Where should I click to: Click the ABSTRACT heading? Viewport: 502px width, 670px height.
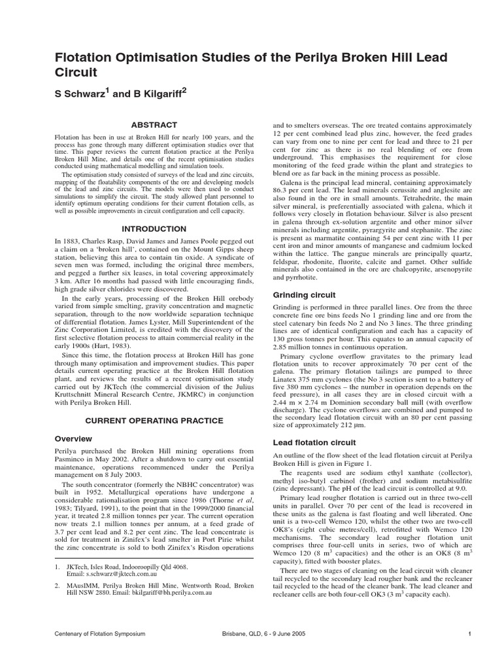tap(154, 124)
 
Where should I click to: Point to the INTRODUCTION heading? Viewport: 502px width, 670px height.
tap(154, 229)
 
